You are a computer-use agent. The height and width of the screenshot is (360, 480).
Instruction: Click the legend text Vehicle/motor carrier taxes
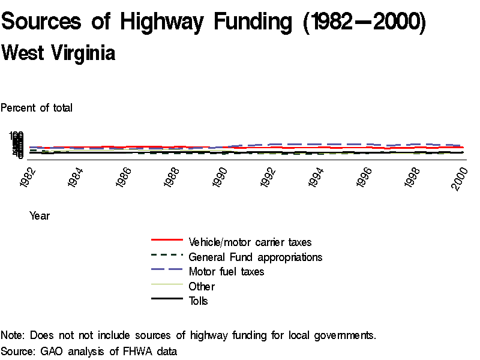tap(250, 242)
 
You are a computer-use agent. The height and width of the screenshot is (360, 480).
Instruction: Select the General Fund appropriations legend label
tap(256, 257)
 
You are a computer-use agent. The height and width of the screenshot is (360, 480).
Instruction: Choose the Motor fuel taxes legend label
tap(226, 272)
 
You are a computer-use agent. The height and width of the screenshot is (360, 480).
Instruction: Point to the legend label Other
tap(202, 286)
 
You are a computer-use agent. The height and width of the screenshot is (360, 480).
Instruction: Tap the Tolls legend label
tap(199, 301)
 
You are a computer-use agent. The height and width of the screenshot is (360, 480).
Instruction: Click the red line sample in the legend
tap(167, 240)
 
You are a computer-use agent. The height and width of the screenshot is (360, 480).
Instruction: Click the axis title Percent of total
tap(37, 108)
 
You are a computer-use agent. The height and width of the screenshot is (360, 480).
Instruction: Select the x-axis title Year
tap(40, 216)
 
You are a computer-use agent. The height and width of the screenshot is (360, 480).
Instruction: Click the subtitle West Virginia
tap(58, 53)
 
